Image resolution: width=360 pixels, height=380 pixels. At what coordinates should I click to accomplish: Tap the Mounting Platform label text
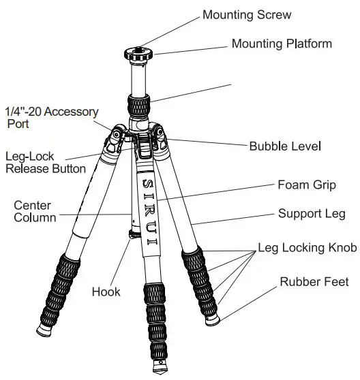(282, 44)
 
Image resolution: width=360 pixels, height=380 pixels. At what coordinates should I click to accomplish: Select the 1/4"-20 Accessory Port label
(52, 117)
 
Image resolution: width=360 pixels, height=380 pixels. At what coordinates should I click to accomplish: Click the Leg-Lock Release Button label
(46, 162)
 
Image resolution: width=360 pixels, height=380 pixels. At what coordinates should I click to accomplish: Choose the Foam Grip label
(305, 185)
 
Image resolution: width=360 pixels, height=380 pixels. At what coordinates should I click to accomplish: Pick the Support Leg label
(312, 214)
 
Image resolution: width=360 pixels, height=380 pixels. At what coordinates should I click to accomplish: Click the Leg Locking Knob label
(306, 249)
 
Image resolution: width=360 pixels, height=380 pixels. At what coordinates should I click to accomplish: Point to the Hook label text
(106, 292)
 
